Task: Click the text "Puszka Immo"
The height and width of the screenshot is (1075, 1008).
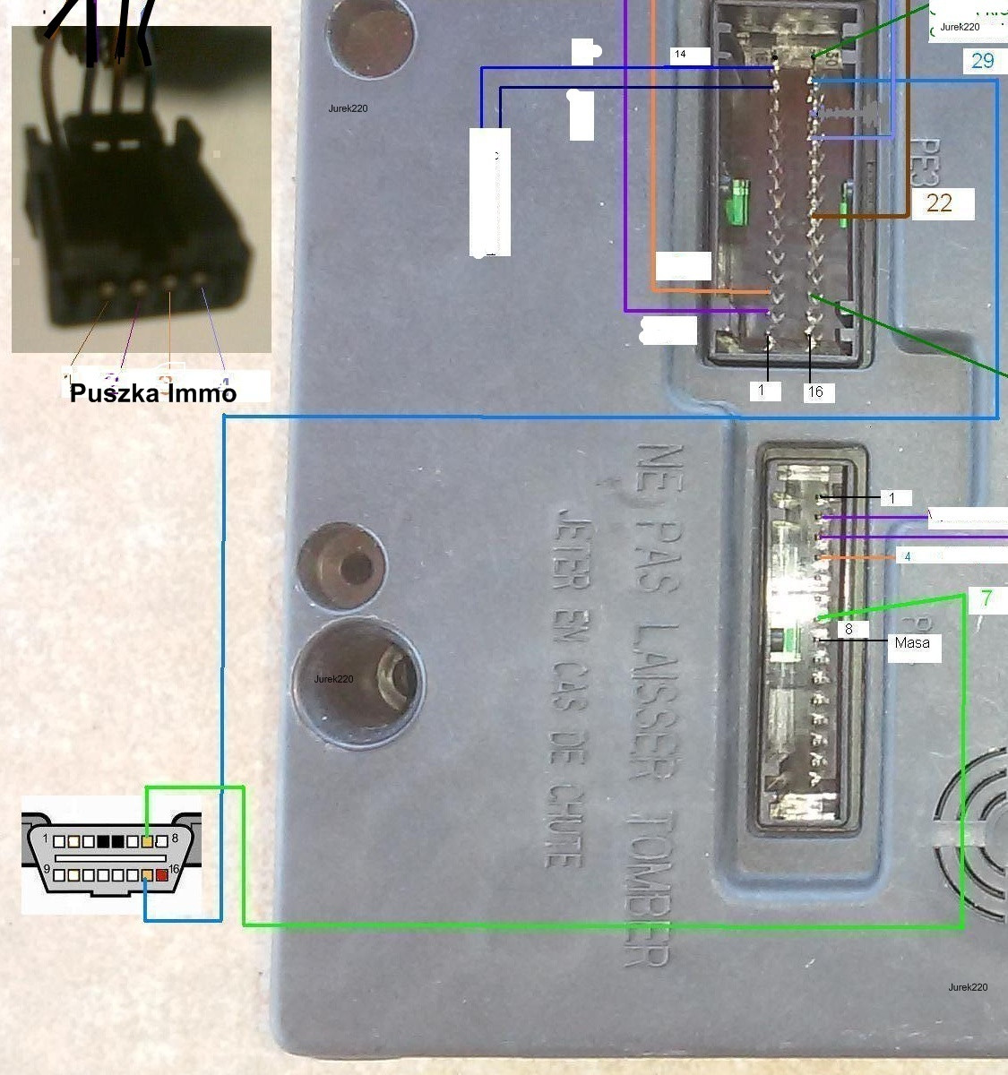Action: tap(153, 393)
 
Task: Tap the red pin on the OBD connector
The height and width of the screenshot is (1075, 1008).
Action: tap(162, 875)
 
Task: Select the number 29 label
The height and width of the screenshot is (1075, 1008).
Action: tap(982, 61)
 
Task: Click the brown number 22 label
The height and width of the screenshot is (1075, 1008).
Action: tap(939, 203)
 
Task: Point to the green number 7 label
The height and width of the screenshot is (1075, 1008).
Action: tap(986, 598)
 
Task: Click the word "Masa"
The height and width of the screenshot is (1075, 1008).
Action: tap(911, 642)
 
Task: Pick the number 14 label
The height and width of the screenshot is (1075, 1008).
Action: tap(680, 55)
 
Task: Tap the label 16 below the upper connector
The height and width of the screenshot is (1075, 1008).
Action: tap(815, 391)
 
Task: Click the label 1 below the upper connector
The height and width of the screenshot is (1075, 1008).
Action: tap(762, 391)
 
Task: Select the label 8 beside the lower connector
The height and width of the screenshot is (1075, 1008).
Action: tap(849, 629)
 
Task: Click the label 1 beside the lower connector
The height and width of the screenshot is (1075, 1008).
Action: tap(892, 498)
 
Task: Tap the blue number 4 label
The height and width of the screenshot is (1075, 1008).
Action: tap(907, 556)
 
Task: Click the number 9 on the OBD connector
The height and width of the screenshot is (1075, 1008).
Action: tap(46, 870)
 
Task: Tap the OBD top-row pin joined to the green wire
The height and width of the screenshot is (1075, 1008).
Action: tap(148, 842)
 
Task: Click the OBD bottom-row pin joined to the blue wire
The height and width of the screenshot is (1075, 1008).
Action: tap(148, 875)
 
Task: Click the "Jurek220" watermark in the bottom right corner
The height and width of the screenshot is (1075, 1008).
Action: tap(968, 986)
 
